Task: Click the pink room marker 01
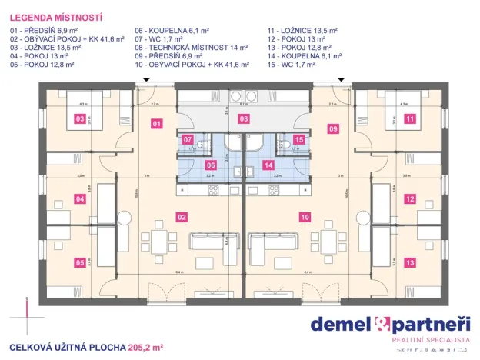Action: pyautogui.click(x=155, y=123)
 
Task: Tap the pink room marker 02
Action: pyautogui.click(x=182, y=217)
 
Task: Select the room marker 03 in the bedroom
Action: pyautogui.click(x=79, y=119)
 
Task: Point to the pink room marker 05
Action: pyautogui.click(x=79, y=262)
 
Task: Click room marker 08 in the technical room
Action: pyautogui.click(x=243, y=119)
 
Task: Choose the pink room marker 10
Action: pyautogui.click(x=305, y=217)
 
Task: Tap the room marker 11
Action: pyautogui.click(x=409, y=119)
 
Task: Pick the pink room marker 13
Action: pyautogui.click(x=409, y=262)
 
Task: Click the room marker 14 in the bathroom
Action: pyautogui.click(x=268, y=164)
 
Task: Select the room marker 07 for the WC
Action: pyautogui.click(x=188, y=140)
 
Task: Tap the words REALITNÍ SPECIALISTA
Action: pyautogui.click(x=430, y=339)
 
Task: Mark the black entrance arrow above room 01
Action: pyautogui.click(x=137, y=83)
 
